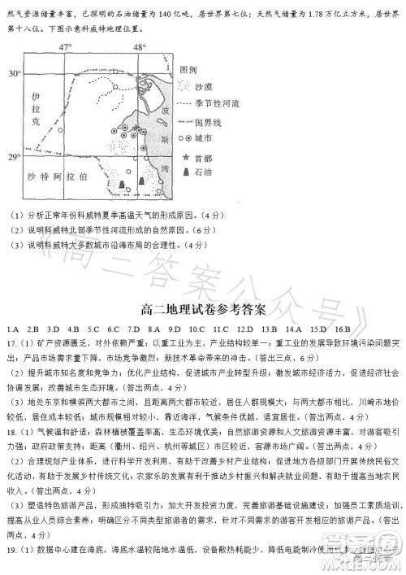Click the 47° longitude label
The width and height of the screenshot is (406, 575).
pos(66,47)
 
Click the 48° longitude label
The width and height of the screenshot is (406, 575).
pos(139,47)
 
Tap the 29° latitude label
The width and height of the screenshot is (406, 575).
pos(14,156)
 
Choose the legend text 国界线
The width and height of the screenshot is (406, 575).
pos(209,121)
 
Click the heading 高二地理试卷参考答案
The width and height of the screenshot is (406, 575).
pos(203,307)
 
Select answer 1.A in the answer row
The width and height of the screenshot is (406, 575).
pos(12,329)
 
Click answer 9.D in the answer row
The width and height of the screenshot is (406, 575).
pos(171,329)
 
